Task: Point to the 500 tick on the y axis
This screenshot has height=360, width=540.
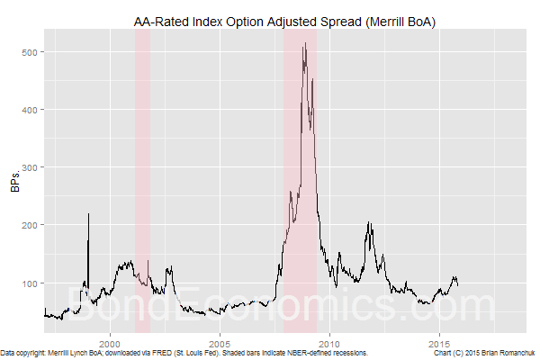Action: (x=30, y=52)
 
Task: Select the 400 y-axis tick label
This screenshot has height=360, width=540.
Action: (x=30, y=110)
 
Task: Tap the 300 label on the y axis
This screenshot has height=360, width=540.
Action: (x=30, y=167)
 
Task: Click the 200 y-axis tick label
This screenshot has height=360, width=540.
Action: (x=30, y=225)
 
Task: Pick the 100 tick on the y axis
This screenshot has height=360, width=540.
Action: (x=30, y=283)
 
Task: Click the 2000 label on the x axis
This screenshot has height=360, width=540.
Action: (x=110, y=344)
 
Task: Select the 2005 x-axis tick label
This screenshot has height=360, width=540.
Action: (x=220, y=344)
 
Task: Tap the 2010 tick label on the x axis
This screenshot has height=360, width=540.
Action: (x=330, y=344)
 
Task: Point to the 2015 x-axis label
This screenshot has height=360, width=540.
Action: (x=440, y=344)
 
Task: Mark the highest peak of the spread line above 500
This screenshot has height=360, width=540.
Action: (x=305, y=43)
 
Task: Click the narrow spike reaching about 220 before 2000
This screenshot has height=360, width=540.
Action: (x=88, y=214)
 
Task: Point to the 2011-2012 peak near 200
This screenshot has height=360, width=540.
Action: (x=369, y=223)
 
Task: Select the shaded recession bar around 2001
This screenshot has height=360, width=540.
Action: (x=142, y=180)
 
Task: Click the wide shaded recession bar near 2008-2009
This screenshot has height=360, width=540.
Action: (x=300, y=180)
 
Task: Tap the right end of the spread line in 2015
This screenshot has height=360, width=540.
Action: (x=457, y=284)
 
